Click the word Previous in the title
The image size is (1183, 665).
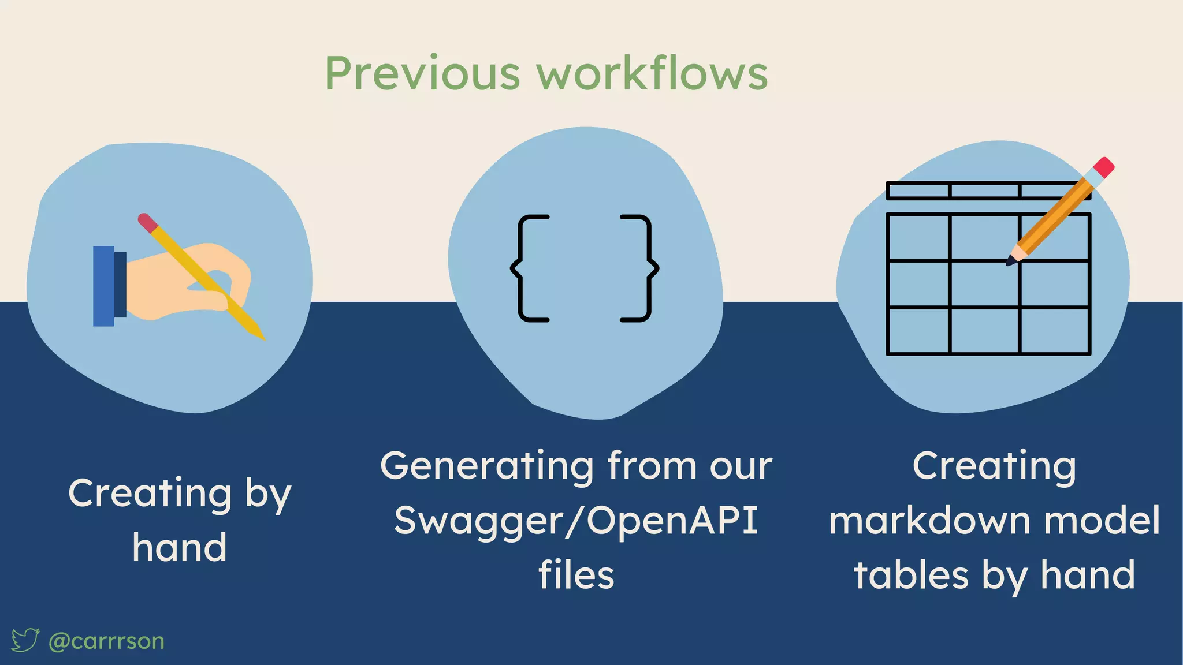tap(422, 74)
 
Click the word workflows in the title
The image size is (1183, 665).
tap(652, 74)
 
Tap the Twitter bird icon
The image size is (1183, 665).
tap(25, 640)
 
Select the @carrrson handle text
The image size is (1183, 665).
tap(107, 641)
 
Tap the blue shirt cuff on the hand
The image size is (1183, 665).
tap(104, 286)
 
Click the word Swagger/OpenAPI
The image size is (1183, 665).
tap(576, 521)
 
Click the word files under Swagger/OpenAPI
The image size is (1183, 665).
tap(576, 575)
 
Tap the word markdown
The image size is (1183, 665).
tap(930, 521)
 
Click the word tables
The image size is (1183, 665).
tap(911, 575)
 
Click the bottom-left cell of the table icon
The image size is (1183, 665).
tap(918, 330)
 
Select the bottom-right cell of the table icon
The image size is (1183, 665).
tap(1054, 330)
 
